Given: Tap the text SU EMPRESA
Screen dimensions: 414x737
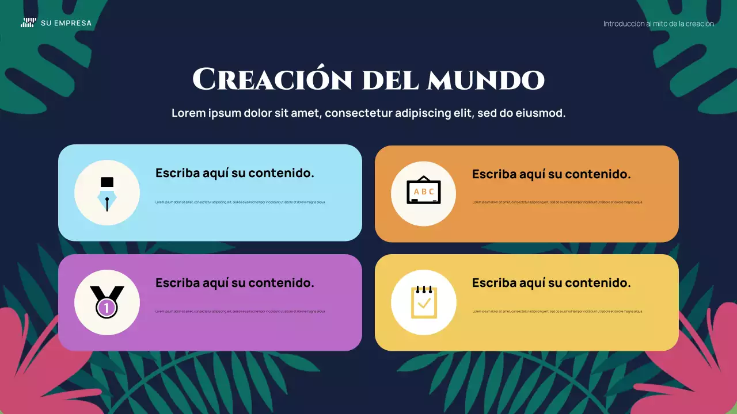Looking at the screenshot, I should coord(66,24).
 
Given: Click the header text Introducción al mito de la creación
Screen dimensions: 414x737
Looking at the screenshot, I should coord(658,24).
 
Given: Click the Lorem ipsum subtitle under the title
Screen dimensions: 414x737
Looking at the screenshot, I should coord(368,113).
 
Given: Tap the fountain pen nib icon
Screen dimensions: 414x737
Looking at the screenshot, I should coord(107,194).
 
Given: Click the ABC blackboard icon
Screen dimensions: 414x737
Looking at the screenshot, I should coord(424,190).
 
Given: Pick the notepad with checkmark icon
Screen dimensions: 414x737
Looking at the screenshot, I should coord(424,302).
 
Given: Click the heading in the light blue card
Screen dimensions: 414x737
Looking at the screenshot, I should coord(235,173).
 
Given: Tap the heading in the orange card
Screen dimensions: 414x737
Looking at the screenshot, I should coord(551,174).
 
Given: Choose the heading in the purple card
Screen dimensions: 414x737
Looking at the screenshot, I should coord(235,283).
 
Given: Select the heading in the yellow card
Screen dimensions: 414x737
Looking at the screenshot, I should coord(551,283).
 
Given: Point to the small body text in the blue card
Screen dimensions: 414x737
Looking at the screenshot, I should coord(240,202).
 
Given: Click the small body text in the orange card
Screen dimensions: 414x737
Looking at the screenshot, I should coord(557,202).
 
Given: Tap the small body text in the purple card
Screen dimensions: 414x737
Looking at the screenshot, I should coord(240,312).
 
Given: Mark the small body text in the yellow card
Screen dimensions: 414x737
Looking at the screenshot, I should coord(557,312).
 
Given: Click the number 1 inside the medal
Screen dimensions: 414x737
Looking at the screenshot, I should coord(107,308).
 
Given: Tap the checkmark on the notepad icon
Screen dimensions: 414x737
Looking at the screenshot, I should coord(424,302).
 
